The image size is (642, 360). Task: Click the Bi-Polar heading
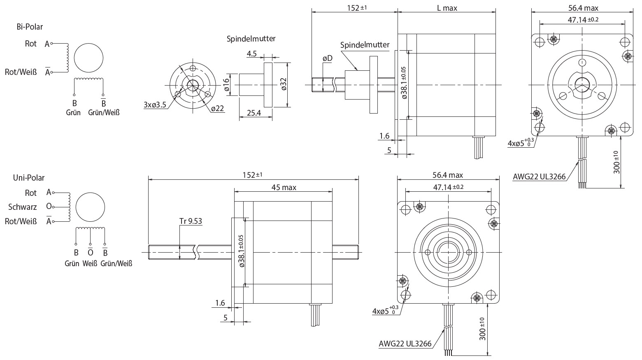30,27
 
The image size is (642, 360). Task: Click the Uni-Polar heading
28,178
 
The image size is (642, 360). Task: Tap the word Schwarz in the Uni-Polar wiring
23,207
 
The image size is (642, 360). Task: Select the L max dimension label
447,8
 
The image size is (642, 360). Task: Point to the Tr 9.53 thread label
191,221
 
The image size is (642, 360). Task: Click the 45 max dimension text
284,188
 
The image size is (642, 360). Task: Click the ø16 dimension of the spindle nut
226,85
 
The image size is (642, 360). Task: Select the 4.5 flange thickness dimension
251,53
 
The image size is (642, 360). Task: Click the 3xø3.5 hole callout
155,105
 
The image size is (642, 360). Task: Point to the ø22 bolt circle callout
217,109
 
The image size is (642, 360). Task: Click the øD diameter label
327,58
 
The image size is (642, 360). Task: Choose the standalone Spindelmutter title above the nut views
251,39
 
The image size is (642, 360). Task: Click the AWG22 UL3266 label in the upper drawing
539,177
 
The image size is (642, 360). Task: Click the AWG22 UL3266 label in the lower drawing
405,344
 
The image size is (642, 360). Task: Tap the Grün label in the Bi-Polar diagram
73,112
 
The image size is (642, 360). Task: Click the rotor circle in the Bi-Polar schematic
88,58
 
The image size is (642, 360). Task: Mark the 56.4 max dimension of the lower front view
447,175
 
